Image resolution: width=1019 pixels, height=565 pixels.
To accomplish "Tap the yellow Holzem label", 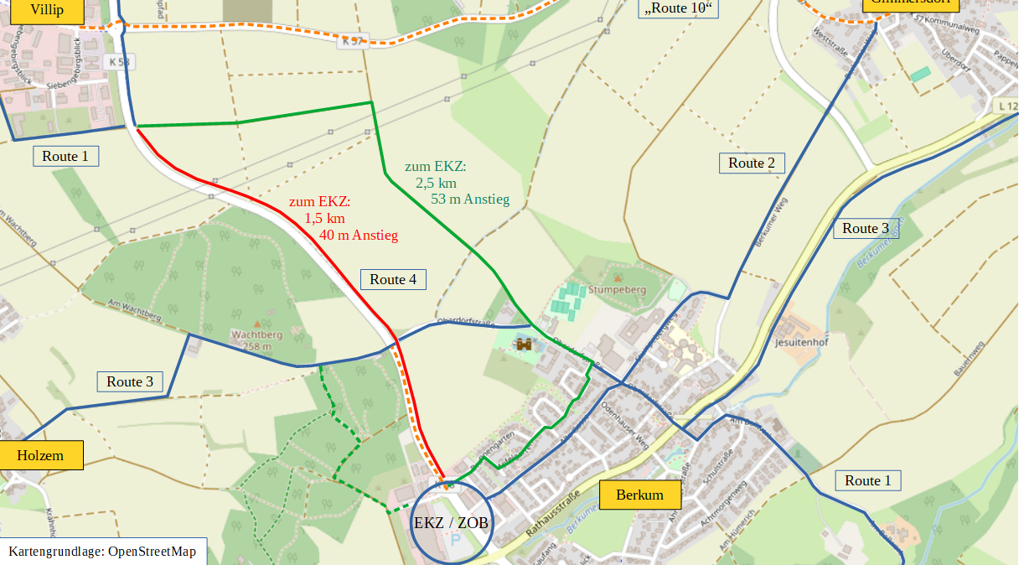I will click(x=40, y=455).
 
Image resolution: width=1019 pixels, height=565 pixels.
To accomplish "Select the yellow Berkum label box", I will click(x=639, y=495).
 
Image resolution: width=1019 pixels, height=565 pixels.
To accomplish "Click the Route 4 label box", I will click(x=393, y=279).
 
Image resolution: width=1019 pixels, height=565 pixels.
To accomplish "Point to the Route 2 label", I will click(x=752, y=163).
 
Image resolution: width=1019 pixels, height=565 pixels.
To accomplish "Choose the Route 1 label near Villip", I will click(x=65, y=156).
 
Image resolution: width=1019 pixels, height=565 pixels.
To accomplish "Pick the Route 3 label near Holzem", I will click(x=130, y=381).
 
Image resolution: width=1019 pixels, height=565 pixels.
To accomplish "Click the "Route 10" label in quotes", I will click(x=680, y=8).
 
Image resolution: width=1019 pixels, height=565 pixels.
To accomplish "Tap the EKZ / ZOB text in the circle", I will click(x=451, y=522).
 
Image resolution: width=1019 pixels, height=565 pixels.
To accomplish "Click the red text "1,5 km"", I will click(x=325, y=218).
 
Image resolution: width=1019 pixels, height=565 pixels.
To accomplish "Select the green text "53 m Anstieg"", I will click(x=470, y=199).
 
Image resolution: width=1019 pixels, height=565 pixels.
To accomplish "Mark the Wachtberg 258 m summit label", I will click(x=256, y=340).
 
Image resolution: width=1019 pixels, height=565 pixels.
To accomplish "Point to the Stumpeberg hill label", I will click(x=618, y=289).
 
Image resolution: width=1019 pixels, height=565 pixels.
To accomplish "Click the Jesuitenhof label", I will click(x=802, y=343).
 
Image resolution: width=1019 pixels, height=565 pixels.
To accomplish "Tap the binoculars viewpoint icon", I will click(x=525, y=344).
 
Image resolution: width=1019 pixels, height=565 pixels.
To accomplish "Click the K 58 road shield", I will click(x=119, y=62).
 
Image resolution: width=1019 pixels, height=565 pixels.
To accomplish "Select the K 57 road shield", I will click(x=353, y=41).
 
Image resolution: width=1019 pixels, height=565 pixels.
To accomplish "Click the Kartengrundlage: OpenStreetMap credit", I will click(x=102, y=551).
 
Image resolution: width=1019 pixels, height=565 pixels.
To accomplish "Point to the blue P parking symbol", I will click(x=455, y=542).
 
